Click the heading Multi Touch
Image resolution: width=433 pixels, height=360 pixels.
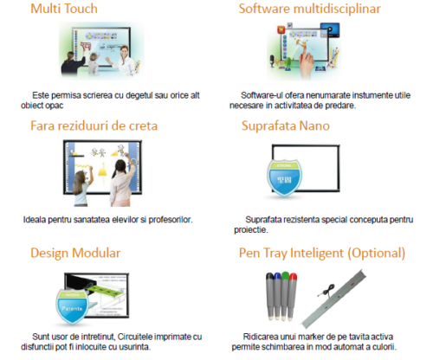pos(64,9)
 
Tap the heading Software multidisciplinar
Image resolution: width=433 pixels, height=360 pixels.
pos(309,9)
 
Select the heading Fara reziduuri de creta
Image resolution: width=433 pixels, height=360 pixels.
pos(94,125)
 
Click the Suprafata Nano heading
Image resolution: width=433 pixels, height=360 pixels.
pos(286,125)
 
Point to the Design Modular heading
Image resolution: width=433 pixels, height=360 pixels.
pos(75,253)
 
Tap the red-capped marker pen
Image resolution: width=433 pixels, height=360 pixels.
pos(292,297)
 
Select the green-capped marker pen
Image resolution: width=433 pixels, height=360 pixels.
pos(285,296)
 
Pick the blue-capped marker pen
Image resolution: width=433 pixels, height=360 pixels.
pos(277,296)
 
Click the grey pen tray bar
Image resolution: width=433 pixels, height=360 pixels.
pos(333,299)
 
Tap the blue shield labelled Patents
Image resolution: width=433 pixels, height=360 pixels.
pos(72,307)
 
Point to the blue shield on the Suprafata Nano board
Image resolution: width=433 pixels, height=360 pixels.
pos(284,177)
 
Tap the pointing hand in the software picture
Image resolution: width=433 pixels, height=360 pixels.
pos(306,59)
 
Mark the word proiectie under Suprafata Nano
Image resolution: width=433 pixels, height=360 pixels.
pos(250,230)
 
